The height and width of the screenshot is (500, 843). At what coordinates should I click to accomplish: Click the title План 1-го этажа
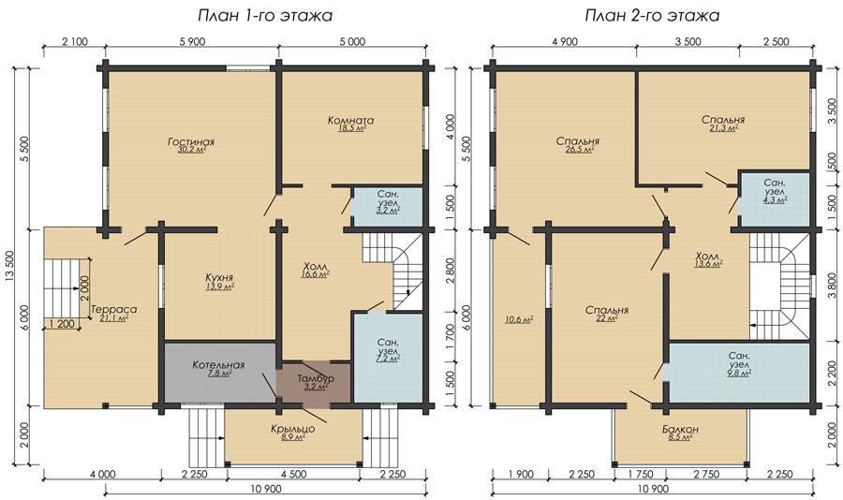pyautogui.click(x=265, y=16)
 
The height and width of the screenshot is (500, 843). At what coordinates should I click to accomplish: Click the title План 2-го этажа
pyautogui.click(x=652, y=16)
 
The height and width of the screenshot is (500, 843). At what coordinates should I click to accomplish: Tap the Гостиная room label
pyautogui.click(x=191, y=142)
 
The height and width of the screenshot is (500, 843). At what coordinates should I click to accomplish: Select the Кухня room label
pyautogui.click(x=219, y=277)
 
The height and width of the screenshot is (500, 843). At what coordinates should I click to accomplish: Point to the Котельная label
pyautogui.click(x=218, y=365)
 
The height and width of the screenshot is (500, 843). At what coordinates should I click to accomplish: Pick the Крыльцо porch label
pyautogui.click(x=293, y=429)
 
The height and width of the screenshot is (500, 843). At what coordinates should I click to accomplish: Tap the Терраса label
pyautogui.click(x=113, y=309)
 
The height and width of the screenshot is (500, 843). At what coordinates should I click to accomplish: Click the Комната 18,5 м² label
pyautogui.click(x=351, y=124)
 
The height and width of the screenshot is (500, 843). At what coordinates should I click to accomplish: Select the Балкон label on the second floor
pyautogui.click(x=680, y=429)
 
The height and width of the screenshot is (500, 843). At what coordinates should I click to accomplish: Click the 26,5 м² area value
pyautogui.click(x=580, y=150)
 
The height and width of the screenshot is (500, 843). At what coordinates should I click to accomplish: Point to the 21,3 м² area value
pyautogui.click(x=723, y=128)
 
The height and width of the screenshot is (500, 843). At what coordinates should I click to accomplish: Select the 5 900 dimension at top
pyautogui.click(x=191, y=42)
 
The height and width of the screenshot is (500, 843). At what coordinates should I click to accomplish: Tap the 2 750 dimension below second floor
pyautogui.click(x=706, y=474)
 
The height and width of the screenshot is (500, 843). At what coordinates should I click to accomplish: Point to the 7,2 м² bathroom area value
pyautogui.click(x=388, y=359)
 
